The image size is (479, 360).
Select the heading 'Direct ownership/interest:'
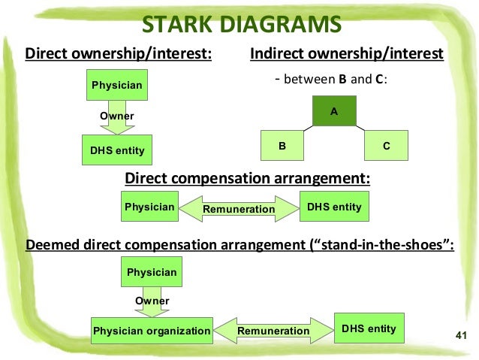119,54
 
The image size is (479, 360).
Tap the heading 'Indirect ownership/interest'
346,54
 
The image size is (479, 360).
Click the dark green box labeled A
334,111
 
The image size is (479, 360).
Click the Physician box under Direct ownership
116,86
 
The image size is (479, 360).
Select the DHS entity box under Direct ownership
116,151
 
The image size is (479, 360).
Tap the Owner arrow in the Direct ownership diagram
116,117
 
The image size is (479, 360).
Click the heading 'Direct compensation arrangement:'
247,178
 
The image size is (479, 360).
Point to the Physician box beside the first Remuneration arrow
149,207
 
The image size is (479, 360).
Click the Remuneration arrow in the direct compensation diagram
239,209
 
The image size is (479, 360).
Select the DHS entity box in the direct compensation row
334,207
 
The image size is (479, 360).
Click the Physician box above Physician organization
151,272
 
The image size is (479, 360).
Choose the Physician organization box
151,330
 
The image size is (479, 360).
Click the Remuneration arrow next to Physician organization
273,331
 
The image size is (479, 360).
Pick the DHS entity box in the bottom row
368,328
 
